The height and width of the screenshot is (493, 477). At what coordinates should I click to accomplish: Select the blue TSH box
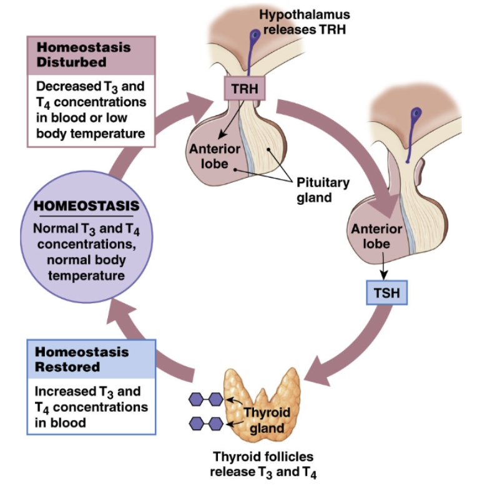(x=386, y=291)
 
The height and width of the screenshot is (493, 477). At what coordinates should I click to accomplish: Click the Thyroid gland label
(x=267, y=420)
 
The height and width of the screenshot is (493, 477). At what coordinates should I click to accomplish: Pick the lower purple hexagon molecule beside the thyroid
(x=207, y=424)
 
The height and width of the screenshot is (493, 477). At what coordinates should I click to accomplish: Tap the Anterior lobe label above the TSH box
(x=376, y=235)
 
